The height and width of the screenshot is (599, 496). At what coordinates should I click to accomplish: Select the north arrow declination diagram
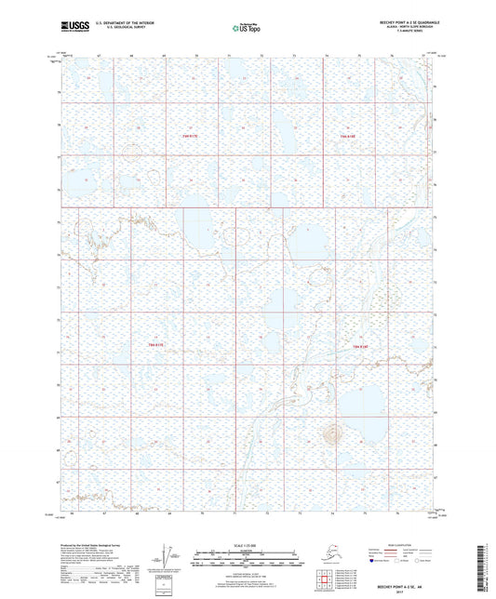point(166,556)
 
